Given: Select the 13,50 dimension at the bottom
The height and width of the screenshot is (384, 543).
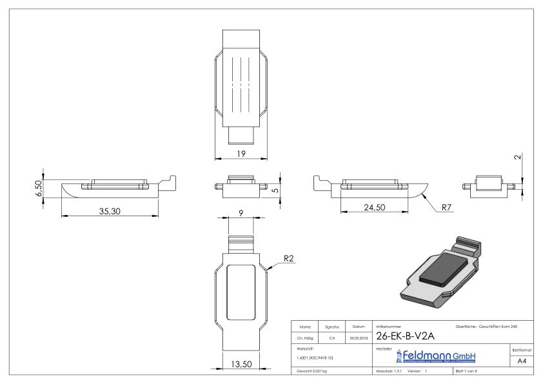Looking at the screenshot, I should pos(241,365).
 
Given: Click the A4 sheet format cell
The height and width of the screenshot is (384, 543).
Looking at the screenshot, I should pos(523,362).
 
